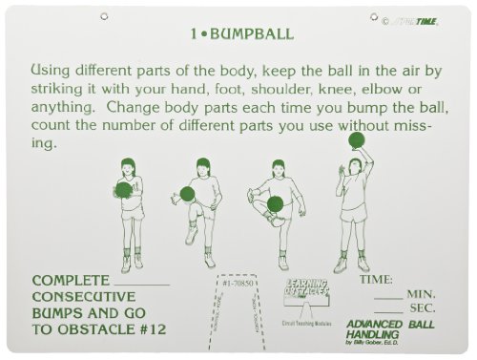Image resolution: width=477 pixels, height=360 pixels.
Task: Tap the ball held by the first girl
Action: [x=124, y=190]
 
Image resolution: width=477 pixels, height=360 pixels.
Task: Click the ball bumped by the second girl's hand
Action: [x=187, y=194]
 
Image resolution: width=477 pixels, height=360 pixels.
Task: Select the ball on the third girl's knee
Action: [x=275, y=203]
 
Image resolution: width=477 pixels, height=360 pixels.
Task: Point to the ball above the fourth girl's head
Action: [x=357, y=140]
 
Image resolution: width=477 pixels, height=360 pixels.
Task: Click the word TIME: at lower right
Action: [x=376, y=280]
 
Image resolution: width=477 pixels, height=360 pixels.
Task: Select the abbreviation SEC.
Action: [x=421, y=310]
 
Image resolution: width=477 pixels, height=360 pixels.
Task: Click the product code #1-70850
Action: [x=237, y=284]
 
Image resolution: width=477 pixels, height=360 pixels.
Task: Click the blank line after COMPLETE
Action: [x=141, y=283]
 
